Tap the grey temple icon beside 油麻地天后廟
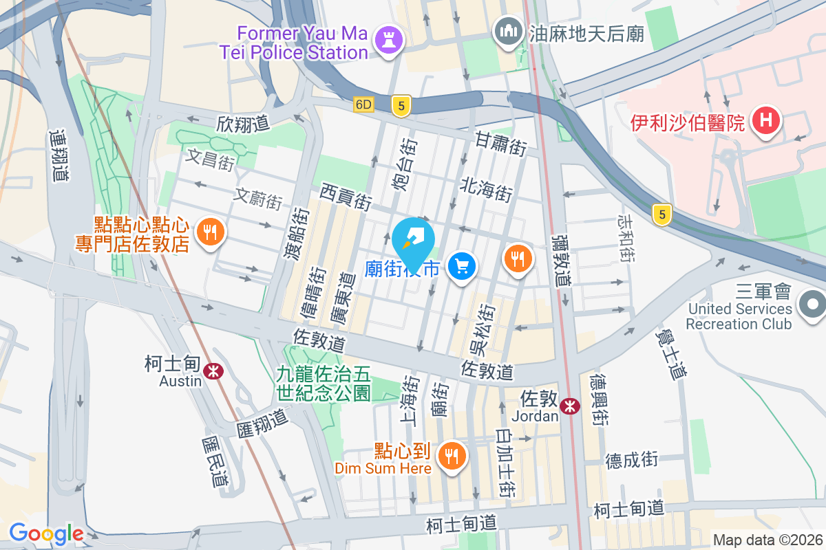(x=509, y=32)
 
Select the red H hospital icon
(x=765, y=122)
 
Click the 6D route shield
(x=363, y=105)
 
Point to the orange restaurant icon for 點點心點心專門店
(x=208, y=232)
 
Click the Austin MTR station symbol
(x=215, y=371)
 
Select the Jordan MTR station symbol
(x=570, y=406)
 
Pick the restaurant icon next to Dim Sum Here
(x=452, y=454)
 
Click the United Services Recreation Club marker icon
(x=812, y=303)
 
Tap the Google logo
(x=46, y=533)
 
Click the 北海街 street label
(x=487, y=188)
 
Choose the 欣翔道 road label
(x=242, y=124)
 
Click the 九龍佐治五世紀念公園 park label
(x=324, y=384)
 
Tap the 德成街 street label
(x=632, y=459)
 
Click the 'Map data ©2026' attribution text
(x=767, y=540)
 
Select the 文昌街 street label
(x=211, y=161)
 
